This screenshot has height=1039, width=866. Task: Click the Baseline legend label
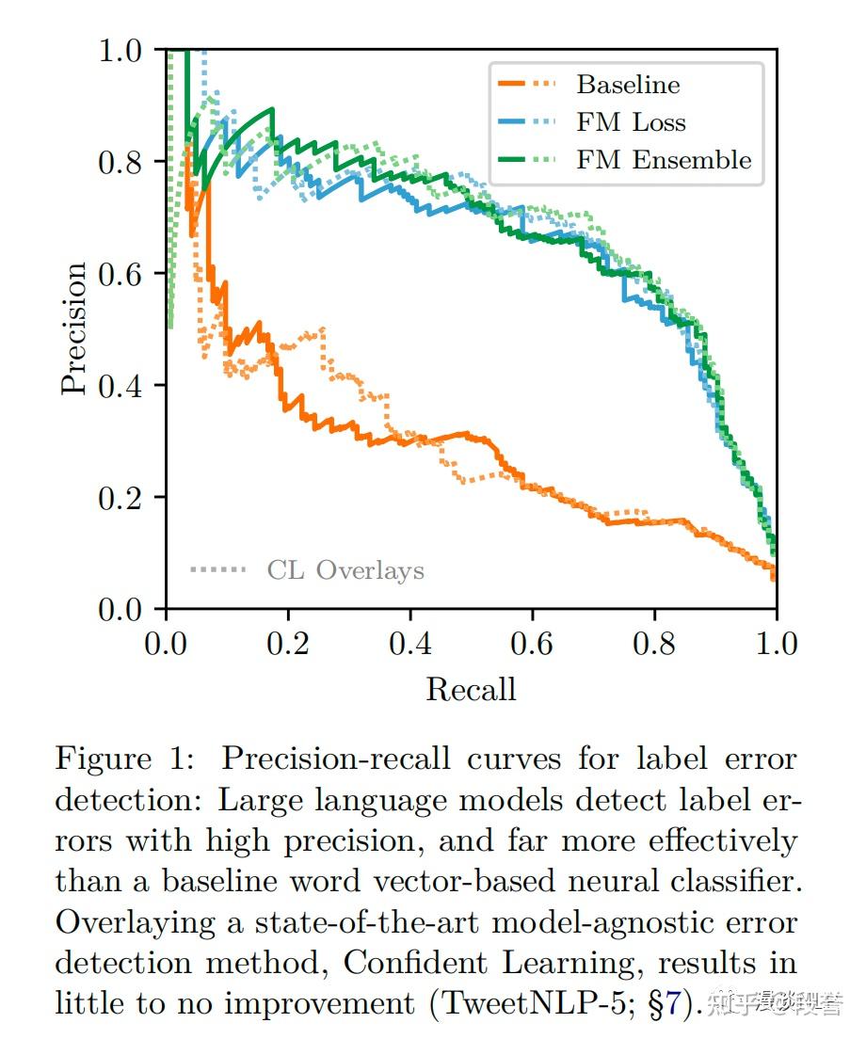pyautogui.click(x=628, y=85)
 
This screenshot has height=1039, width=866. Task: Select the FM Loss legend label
pyautogui.click(x=631, y=122)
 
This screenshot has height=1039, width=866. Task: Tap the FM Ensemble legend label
pyautogui.click(x=664, y=160)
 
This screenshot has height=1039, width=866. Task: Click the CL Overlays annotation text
pyautogui.click(x=345, y=570)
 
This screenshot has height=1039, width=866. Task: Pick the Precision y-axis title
pyautogui.click(x=74, y=328)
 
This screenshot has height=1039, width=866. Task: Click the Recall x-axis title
pyautogui.click(x=471, y=690)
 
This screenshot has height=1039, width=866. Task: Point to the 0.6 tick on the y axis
pyautogui.click(x=120, y=274)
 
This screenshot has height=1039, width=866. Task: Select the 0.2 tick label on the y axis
pyautogui.click(x=120, y=498)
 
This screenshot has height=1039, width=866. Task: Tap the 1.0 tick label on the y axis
pyautogui.click(x=120, y=50)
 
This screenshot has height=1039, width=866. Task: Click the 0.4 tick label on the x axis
pyautogui.click(x=409, y=645)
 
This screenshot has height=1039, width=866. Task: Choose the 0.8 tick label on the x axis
pyautogui.click(x=654, y=645)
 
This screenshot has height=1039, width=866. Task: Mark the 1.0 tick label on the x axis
pyautogui.click(x=775, y=645)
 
